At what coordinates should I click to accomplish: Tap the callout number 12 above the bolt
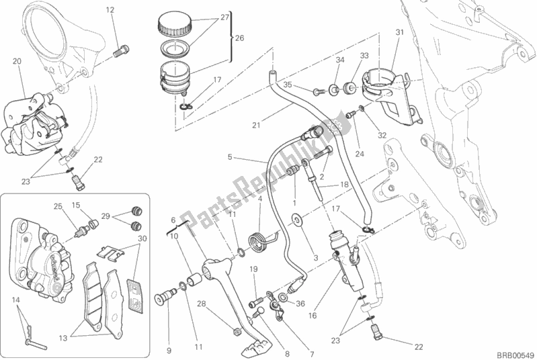[110, 9]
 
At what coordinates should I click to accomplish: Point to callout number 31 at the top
[399, 32]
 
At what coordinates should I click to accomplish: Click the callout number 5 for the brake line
[230, 158]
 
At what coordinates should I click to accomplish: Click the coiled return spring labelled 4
[256, 238]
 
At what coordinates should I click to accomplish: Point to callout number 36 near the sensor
[300, 303]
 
